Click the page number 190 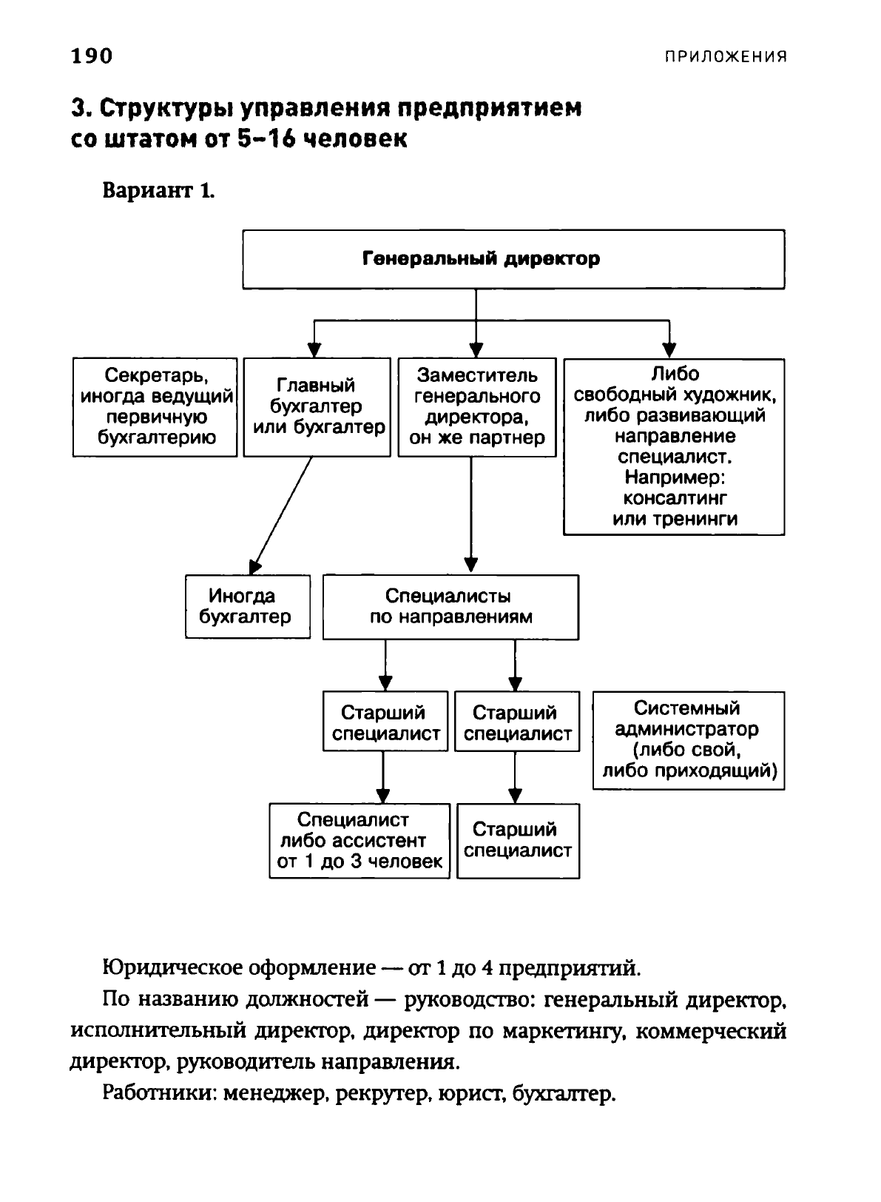click(x=92, y=56)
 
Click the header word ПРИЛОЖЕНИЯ click(x=726, y=56)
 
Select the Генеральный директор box click(x=513, y=259)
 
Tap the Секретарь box click(x=155, y=407)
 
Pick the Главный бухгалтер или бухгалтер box click(x=317, y=407)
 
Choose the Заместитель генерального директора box click(x=476, y=407)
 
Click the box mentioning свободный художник click(x=674, y=446)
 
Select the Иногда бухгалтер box click(x=248, y=606)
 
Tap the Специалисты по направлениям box click(x=450, y=607)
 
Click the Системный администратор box click(x=689, y=740)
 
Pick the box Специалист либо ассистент click(x=360, y=841)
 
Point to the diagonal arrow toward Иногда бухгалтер click(x=280, y=516)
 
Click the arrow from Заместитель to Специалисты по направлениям click(x=470, y=515)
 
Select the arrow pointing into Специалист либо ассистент click(x=383, y=777)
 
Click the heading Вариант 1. click(x=159, y=190)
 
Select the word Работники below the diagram click(x=160, y=1092)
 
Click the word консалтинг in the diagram click(x=675, y=499)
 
